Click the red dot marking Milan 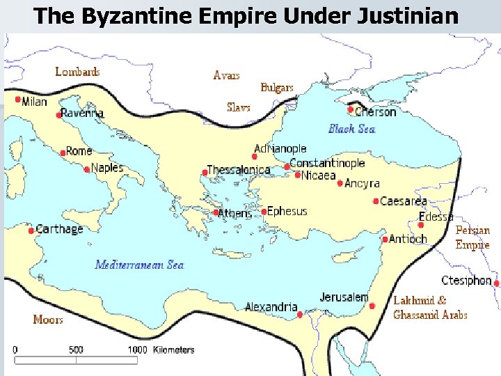tap(17, 100)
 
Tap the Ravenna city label tap(81, 113)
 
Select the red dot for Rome tap(62, 152)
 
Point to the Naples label tap(107, 168)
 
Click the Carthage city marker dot tap(31, 230)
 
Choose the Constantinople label tap(327, 163)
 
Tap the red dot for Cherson tap(351, 109)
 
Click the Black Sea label tap(351, 129)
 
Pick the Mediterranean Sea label tap(139, 265)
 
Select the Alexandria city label tap(271, 307)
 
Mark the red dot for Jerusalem tap(372, 306)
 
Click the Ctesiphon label tap(466, 281)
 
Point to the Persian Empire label tap(472, 237)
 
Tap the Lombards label tap(77, 72)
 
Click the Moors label tap(48, 320)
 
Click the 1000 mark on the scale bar tap(137, 350)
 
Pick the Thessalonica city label tap(239, 171)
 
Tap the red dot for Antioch tap(385, 240)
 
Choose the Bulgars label tap(277, 88)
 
